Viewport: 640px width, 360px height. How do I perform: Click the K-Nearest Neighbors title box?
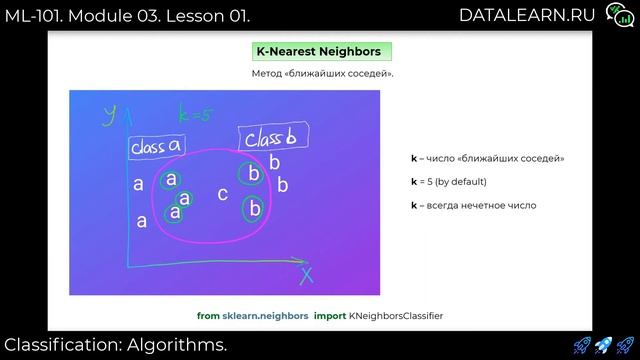tap(319, 51)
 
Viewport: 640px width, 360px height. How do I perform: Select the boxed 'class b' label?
tap(265, 138)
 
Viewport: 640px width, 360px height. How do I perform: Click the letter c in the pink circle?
tap(222, 194)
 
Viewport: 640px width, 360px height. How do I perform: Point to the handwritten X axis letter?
tap(306, 272)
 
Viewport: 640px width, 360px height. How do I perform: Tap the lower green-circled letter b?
tap(254, 208)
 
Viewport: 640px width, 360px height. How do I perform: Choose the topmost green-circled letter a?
tap(171, 179)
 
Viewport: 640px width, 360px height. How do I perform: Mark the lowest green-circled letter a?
tap(175, 212)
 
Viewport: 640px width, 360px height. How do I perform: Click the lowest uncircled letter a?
tap(141, 222)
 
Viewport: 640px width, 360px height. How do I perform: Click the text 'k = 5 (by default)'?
tap(448, 182)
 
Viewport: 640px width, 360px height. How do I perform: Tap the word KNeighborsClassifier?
tap(396, 315)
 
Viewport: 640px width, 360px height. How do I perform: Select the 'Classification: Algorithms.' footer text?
tap(114, 345)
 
